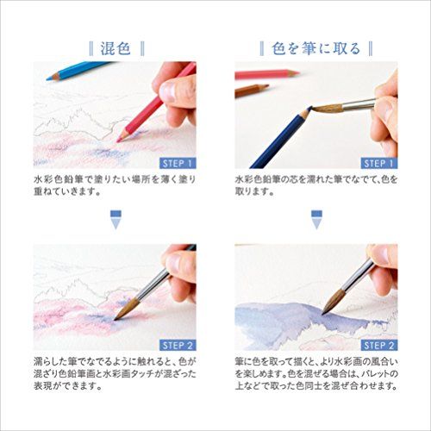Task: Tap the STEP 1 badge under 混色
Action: (177, 161)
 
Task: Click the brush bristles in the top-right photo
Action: (318, 110)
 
